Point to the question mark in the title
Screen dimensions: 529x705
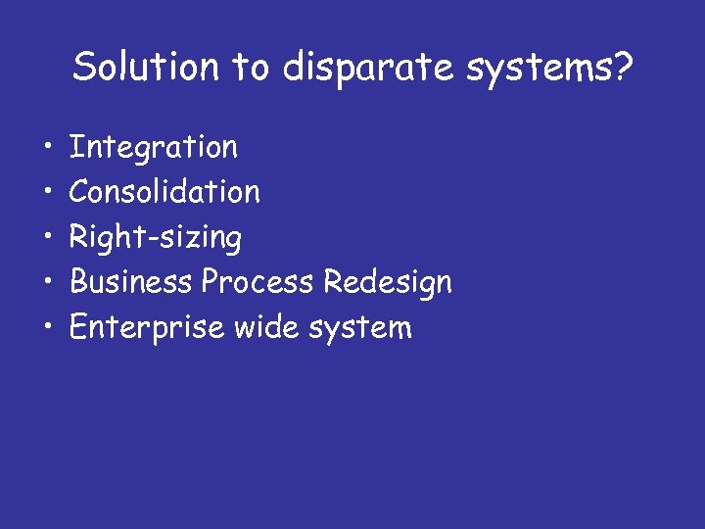[x=623, y=67]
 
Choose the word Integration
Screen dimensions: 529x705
[x=154, y=148]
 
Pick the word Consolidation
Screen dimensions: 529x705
[x=164, y=192]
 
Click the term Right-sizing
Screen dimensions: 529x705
[x=156, y=238]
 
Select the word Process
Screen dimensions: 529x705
[x=258, y=282]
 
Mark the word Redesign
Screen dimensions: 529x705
[x=387, y=283]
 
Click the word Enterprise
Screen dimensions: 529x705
[x=146, y=327]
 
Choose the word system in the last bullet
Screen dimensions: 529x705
[x=360, y=328]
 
